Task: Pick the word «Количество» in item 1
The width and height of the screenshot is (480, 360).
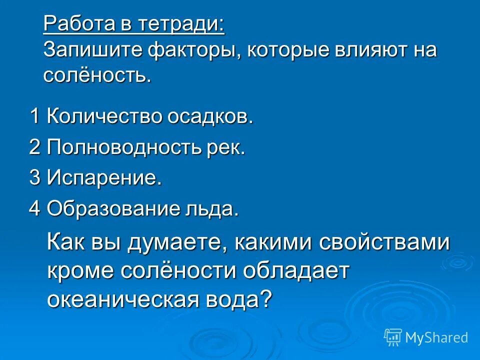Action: pyautogui.click(x=103, y=116)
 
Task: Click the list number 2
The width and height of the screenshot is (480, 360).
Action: pyautogui.click(x=34, y=147)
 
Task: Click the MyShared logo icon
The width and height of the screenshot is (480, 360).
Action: pyautogui.click(x=393, y=337)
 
